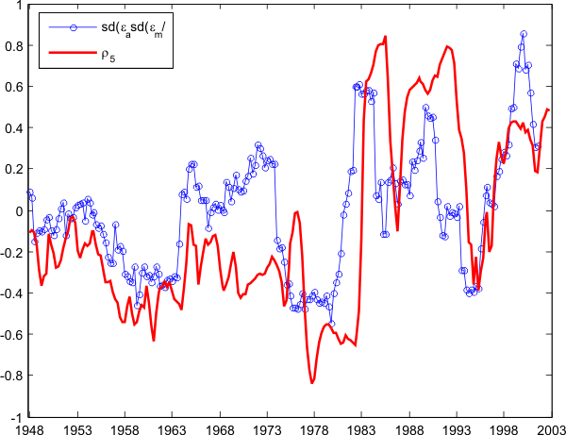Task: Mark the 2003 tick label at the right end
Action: [551, 427]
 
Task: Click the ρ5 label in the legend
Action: [108, 57]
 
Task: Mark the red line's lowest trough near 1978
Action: [312, 383]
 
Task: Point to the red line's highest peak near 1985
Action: [386, 37]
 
